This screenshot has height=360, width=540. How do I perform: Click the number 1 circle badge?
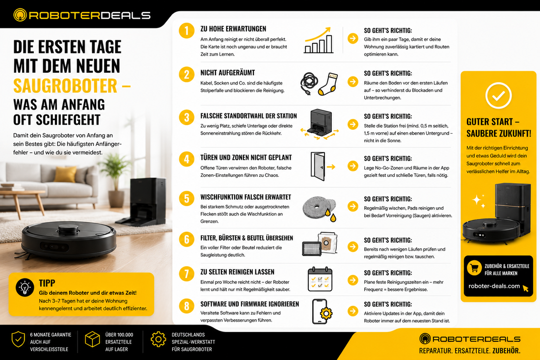(x=187, y=30)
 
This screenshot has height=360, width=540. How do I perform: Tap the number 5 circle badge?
(x=187, y=199)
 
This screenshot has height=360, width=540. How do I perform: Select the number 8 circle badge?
(x=187, y=306)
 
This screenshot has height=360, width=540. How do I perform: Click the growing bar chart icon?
(x=319, y=40)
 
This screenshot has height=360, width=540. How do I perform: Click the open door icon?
(x=318, y=166)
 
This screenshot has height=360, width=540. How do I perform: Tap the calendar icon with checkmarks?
(x=320, y=279)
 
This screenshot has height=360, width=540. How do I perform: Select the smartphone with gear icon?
(x=322, y=311)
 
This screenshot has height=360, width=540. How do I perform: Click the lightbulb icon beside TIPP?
(x=25, y=287)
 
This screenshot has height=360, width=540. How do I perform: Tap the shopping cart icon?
(x=474, y=268)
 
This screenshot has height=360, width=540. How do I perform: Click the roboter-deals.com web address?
(x=494, y=286)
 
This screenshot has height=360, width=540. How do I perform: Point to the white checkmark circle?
(x=498, y=96)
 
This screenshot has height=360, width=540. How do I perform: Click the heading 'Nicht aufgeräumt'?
(x=228, y=73)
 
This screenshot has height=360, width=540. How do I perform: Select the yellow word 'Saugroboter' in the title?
(x=65, y=86)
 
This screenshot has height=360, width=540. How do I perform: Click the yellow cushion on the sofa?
(x=65, y=174)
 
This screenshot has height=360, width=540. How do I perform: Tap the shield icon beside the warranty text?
(x=18, y=340)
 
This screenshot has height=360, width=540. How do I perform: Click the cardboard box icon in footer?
(x=92, y=339)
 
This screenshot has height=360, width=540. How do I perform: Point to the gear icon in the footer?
(x=158, y=339)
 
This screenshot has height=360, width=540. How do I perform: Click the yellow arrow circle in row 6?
(x=352, y=247)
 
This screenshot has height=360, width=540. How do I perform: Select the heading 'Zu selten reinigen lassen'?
(x=237, y=272)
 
